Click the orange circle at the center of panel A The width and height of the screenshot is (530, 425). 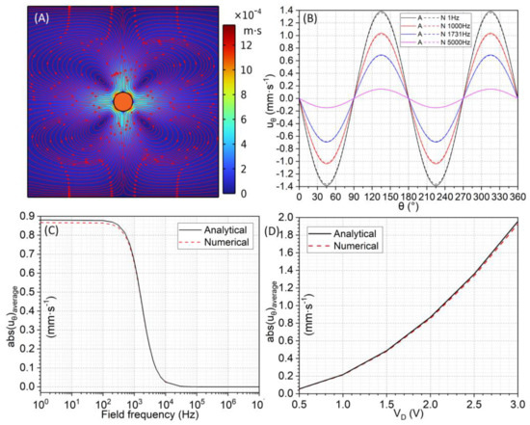point(122,101)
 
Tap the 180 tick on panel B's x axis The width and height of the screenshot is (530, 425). point(410,199)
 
